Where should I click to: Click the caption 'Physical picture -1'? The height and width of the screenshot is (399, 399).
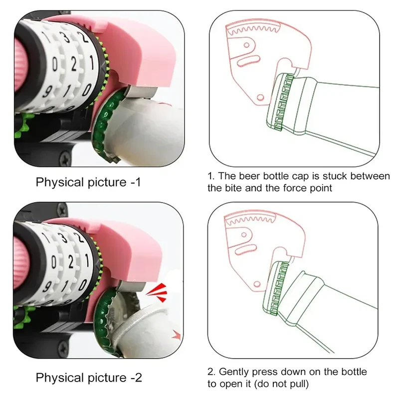click(88, 182)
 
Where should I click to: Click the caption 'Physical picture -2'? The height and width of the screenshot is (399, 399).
click(89, 378)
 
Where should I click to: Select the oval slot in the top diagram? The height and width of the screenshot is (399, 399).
click(248, 61)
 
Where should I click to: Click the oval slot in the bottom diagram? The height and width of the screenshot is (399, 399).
click(246, 250)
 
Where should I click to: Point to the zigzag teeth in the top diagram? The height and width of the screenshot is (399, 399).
click(253, 30)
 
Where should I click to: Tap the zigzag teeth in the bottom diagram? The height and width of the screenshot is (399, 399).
click(251, 219)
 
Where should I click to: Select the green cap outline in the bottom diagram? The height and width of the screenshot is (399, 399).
click(276, 288)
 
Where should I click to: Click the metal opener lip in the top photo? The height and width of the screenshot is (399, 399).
click(141, 92)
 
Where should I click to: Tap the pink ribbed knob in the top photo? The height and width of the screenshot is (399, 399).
click(20, 65)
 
